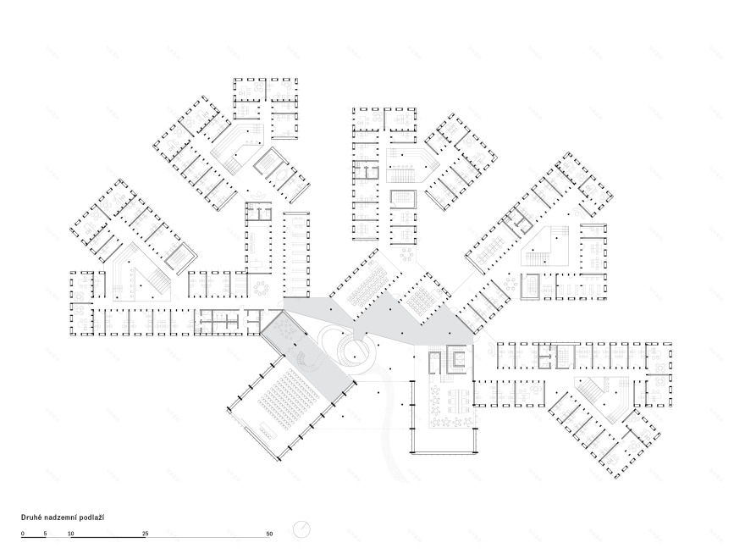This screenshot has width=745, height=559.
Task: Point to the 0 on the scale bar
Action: pos(23,534)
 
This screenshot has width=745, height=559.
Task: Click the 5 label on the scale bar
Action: pos(46,534)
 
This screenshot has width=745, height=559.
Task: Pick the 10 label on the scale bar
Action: pos(71,534)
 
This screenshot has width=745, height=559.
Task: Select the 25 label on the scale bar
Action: pos(146,534)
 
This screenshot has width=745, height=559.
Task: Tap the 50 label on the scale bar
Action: pos(270,534)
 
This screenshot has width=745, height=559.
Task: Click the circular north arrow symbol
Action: pos(301,529)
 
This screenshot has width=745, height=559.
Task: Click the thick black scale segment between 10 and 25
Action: pos(108,537)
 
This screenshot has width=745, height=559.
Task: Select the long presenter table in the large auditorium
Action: pos(268,430)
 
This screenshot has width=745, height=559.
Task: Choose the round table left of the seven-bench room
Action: pos(262,288)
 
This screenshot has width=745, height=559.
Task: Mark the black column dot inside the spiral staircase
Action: pos(354,356)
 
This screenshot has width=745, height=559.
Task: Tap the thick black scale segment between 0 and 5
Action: pos(34,537)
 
